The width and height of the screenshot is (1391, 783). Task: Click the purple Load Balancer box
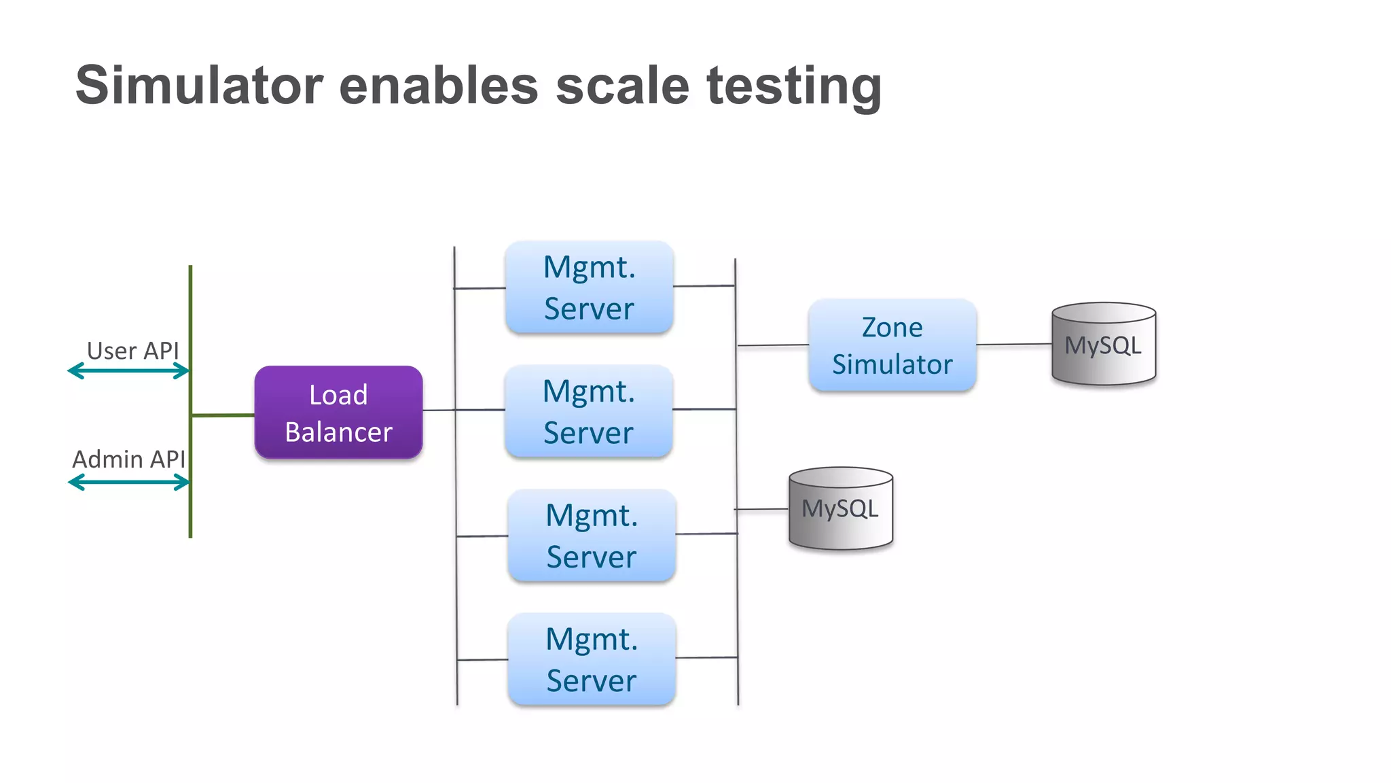338,413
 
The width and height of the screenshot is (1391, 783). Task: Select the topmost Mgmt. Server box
589,288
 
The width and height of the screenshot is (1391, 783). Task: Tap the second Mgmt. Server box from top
589,411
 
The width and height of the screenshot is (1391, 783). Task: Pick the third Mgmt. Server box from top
592,536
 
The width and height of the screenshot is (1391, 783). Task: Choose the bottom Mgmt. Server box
592,659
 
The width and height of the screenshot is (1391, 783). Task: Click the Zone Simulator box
892,345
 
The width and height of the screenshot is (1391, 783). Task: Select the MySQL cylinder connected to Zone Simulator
1103,345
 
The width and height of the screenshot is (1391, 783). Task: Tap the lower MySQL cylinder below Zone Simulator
840,508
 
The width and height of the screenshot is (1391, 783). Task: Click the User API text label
132,351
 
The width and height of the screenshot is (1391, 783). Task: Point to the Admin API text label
128,459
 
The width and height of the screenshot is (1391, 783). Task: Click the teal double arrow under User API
128,371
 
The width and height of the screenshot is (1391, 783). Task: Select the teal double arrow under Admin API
128,483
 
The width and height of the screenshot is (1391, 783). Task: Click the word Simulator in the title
199,86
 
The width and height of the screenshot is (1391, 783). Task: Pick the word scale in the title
622,86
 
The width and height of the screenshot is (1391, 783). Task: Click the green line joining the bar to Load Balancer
223,415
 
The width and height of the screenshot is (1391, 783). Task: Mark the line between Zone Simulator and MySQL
1013,345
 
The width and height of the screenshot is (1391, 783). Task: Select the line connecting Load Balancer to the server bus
439,410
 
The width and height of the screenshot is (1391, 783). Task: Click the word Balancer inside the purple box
338,432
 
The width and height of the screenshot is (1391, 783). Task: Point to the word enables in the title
438,86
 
